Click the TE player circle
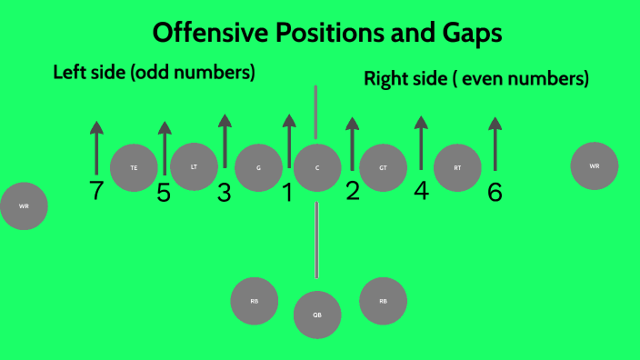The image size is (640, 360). (134, 168)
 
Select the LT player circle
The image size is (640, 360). (194, 167)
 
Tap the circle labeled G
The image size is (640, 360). (258, 168)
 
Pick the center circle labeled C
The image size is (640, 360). (317, 168)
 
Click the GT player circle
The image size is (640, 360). (383, 168)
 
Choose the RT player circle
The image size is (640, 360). (456, 168)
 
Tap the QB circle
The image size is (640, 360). (317, 315)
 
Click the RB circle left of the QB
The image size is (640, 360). (254, 302)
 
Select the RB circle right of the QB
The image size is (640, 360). (383, 301)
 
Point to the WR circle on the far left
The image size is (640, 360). (24, 206)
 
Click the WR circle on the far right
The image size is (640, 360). (595, 166)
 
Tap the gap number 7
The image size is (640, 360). (97, 191)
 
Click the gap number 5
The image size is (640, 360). (164, 193)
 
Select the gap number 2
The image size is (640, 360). (353, 190)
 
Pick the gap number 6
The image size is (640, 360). (495, 192)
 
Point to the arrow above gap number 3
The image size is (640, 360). (225, 141)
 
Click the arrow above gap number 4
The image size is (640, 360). (420, 143)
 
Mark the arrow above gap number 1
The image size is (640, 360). (289, 141)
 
